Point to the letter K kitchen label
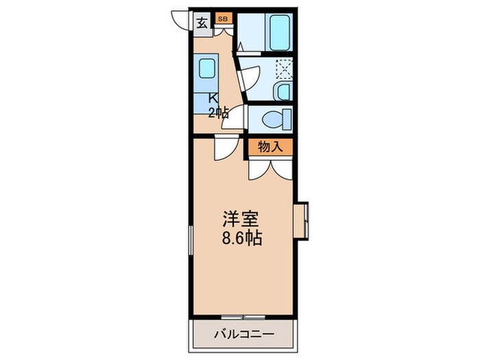click(213, 98)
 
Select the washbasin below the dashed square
click(282, 91)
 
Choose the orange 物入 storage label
click(271, 146)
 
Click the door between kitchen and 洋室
click(224, 148)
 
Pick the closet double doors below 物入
click(270, 168)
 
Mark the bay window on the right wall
click(303, 219)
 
